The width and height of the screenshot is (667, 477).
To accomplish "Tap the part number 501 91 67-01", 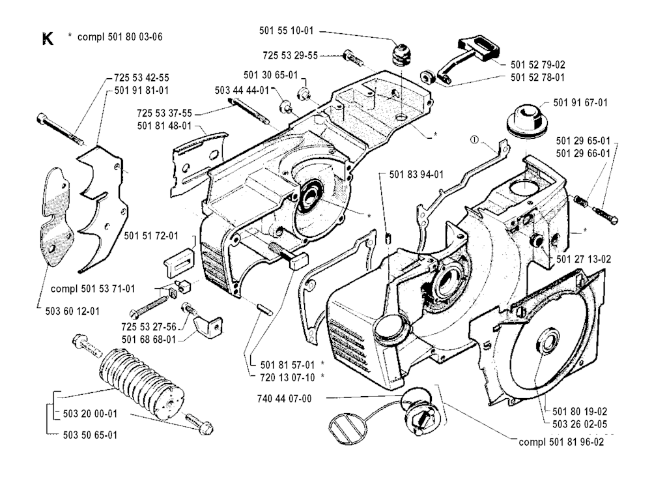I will pyautogui.click(x=580, y=102).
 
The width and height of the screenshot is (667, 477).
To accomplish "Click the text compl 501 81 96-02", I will pyautogui.click(x=561, y=442).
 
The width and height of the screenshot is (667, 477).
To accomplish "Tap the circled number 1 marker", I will pyautogui.click(x=475, y=139).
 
